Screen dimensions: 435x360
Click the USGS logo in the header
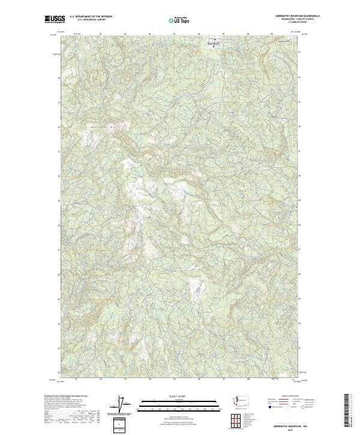(x=55, y=19)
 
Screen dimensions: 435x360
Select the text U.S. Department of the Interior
(x=91, y=16)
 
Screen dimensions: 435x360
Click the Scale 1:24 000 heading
(x=179, y=397)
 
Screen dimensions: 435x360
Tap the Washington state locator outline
(x=244, y=400)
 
